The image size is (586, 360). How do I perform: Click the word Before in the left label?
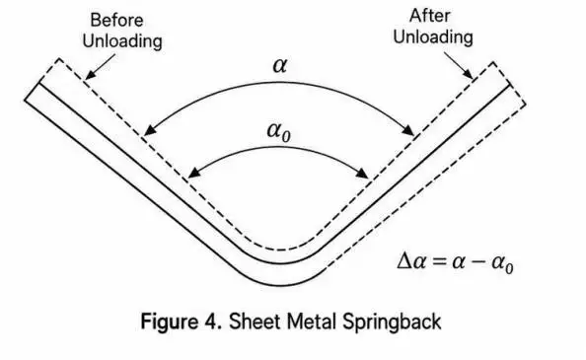pos(116,20)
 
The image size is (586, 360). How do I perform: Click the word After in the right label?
pos(430,16)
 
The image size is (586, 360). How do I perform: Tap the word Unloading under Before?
pos(122,41)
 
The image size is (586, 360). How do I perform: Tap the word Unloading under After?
pos(433,36)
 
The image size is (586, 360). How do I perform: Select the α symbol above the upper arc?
pos(280,65)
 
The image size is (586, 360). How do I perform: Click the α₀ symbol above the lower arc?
pos(279,131)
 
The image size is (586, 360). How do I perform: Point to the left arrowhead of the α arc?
pos(150,129)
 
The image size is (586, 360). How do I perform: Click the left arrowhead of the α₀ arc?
pos(193,173)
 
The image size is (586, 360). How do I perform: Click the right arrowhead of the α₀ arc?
pos(362,173)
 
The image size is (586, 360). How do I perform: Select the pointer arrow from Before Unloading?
pos(101,67)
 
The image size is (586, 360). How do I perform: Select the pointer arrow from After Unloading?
pos(459,66)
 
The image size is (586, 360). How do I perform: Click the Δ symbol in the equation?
pos(404,260)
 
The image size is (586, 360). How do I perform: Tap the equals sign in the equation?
pos(439,261)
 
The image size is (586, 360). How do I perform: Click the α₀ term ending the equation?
pos(502,263)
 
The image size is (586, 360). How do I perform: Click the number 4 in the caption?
pos(210,322)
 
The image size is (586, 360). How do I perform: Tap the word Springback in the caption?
pos(392,323)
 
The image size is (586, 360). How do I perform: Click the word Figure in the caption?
pos(169,323)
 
